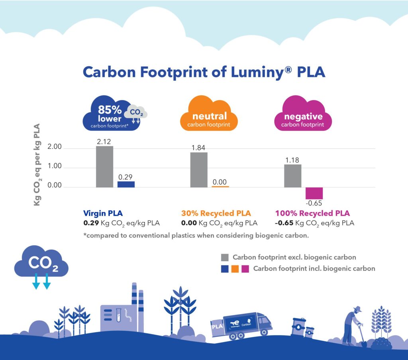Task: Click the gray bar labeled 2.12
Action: pos(104,166)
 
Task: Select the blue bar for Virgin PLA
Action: pos(126,184)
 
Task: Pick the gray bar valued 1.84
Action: pos(198,169)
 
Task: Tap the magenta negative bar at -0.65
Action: pos(314,193)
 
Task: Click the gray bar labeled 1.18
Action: pos(292,175)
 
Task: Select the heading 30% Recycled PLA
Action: pos(216,213)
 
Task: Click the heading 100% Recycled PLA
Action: pos(312,213)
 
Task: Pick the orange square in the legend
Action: pos(235,269)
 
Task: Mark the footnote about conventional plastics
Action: pos(196,235)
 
